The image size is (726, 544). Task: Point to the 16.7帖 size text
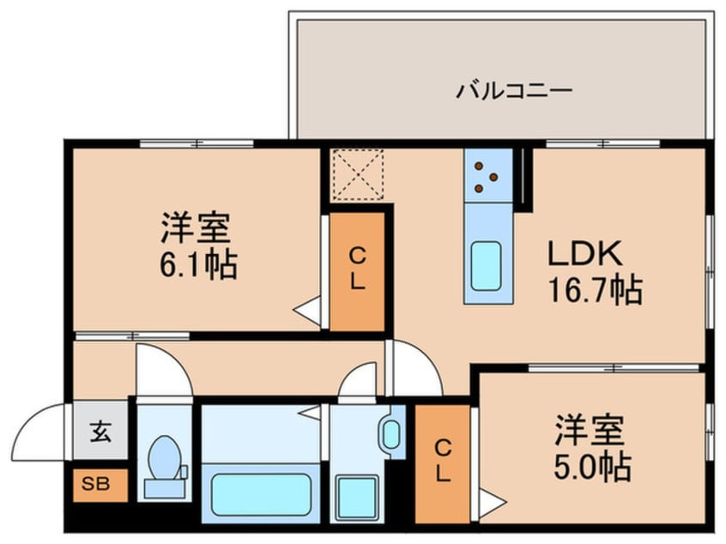596,291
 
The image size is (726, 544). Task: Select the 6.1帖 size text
196,265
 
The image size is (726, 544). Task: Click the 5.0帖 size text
591,468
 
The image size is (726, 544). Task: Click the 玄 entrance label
100,432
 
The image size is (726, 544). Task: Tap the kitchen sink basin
487,267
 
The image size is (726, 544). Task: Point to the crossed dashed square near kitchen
357,173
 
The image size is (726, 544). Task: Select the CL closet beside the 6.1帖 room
356,269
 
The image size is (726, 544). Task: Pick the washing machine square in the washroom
355,496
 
